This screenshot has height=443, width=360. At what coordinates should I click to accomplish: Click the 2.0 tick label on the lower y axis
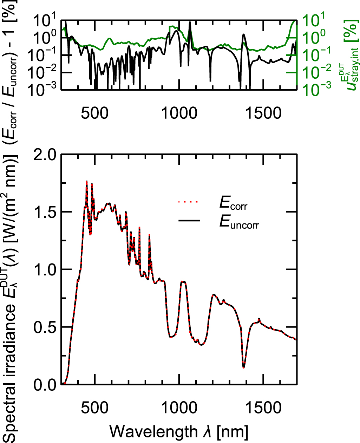click(x=45, y=155)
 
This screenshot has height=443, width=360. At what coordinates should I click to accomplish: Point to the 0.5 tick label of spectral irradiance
click(x=45, y=327)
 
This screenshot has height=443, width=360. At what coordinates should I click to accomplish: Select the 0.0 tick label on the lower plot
click(x=45, y=385)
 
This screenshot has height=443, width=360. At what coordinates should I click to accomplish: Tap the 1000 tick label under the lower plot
click(x=179, y=408)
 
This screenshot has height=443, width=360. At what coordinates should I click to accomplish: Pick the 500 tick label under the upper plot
click(x=94, y=113)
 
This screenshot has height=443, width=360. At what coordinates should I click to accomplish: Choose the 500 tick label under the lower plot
click(x=94, y=408)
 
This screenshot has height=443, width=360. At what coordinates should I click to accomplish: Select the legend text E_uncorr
click(x=239, y=222)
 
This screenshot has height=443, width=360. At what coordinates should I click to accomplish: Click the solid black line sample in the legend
click(x=189, y=221)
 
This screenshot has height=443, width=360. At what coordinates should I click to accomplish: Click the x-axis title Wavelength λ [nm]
click(x=179, y=431)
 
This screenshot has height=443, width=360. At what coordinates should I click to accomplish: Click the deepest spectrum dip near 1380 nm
click(x=243, y=367)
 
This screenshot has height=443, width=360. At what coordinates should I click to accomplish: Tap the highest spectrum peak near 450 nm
click(x=86, y=181)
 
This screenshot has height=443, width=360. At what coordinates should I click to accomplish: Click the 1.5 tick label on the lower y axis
click(x=45, y=212)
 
